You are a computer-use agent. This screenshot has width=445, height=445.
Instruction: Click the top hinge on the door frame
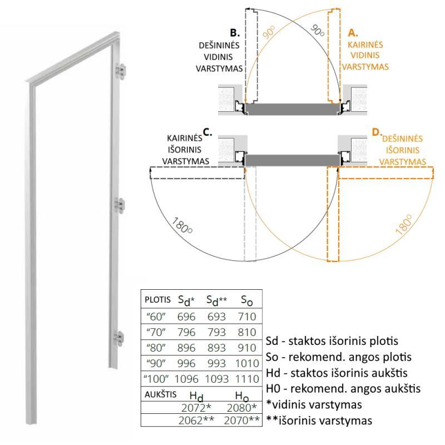pos(120,71)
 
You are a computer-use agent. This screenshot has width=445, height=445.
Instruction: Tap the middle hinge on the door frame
pos(120,205)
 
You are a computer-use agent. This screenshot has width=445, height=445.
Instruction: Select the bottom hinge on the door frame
pos(118,338)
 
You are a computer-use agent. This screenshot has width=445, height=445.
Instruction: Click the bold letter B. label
pos(235,33)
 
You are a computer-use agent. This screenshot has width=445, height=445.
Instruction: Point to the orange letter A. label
pos(353,33)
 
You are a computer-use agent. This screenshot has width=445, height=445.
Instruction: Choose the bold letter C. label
pos(207,132)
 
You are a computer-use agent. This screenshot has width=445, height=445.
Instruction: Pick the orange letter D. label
pos(377,132)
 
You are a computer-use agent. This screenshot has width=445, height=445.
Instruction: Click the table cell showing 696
pos(186,317)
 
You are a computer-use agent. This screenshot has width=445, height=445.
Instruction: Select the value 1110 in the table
pos(247,379)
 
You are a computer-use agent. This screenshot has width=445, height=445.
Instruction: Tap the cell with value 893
pos(216,348)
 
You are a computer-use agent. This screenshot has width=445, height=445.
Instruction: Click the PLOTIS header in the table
pos(157,300)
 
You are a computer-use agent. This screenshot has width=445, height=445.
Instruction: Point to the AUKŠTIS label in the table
pos(160,394)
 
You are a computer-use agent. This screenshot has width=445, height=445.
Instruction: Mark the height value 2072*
pos(196,408)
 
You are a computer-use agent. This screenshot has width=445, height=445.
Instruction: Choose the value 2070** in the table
pos(242,421)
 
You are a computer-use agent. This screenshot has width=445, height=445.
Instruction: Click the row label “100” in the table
pos(156,378)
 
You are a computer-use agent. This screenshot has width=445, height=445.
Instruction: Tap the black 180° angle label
pos(182,226)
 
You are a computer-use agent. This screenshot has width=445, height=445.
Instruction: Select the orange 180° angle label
pos(404,225)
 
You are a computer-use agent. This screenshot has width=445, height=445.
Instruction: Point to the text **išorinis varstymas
pos(319,421)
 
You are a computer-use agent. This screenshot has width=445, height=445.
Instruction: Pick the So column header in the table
pos(246,300)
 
